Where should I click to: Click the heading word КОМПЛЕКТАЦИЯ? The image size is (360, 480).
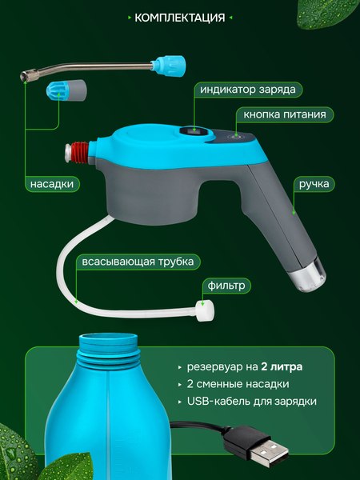(x=179, y=18)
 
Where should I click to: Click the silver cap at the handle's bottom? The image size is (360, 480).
(x=306, y=276)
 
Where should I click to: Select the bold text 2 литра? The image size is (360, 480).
(x=286, y=368)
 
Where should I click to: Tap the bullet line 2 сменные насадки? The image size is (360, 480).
(x=240, y=385)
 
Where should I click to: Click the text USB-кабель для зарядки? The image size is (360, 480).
(x=251, y=402)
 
